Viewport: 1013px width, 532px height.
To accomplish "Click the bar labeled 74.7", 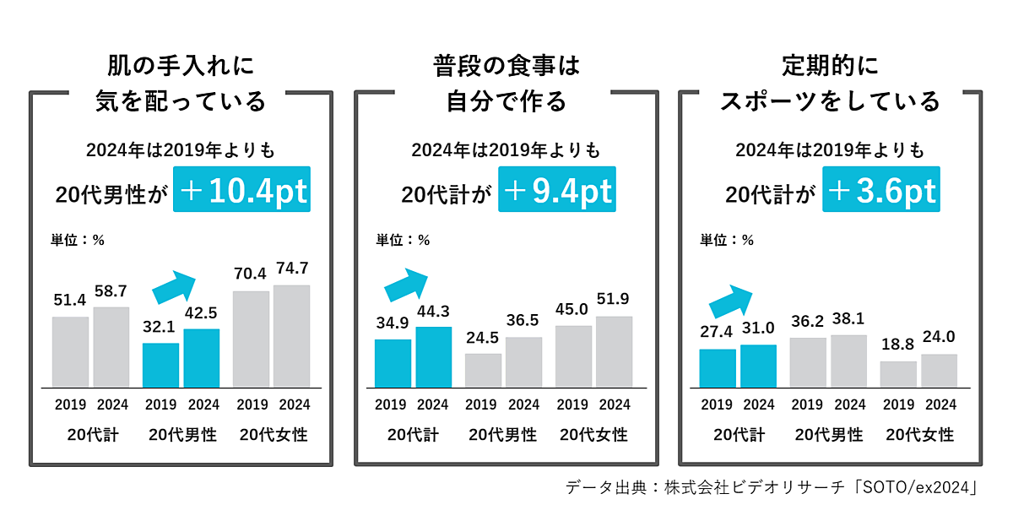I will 291,335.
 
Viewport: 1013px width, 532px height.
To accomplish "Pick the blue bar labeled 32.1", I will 160,365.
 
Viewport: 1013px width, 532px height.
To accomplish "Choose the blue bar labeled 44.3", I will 434,356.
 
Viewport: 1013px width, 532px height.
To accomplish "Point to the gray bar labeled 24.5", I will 484,370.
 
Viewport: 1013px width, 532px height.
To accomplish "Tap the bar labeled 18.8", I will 898,374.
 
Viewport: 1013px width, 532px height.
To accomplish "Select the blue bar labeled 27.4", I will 718,368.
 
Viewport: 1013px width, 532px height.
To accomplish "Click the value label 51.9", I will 614,297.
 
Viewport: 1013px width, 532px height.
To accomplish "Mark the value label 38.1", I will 848,318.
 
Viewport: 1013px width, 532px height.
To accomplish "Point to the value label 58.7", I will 111,290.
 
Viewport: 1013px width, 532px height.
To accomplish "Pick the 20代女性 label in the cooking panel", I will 594,435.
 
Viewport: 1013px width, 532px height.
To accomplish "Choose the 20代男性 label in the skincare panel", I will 182,436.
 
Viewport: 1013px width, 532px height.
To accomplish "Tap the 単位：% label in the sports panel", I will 727,240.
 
